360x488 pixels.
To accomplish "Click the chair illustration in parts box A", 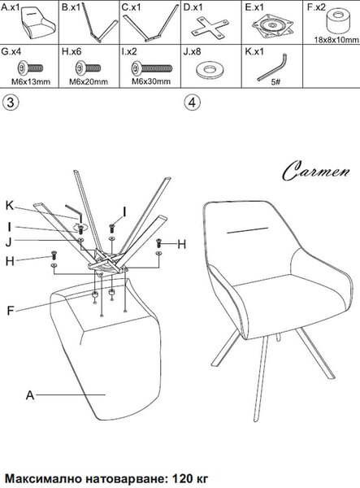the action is point(38,24).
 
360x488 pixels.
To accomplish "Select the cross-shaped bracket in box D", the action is point(210,28).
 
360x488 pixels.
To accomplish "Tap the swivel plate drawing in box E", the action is point(273,26).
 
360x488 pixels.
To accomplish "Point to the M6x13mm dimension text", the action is point(31,82).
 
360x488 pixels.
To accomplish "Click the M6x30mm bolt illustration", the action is point(152,68).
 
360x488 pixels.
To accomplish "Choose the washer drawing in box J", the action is point(210,70).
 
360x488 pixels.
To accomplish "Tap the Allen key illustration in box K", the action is point(272,68).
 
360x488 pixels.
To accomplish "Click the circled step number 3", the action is point(11,102).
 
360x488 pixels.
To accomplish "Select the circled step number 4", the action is point(193,102).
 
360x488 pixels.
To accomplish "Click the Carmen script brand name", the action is point(316,170).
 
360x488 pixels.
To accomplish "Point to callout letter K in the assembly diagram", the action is point(10,206).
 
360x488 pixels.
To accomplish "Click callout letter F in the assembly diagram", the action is point(11,311).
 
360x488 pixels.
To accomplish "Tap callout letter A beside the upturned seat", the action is point(30,395).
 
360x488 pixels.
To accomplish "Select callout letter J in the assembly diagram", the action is point(9,242).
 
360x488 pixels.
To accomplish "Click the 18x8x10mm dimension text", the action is point(336,40).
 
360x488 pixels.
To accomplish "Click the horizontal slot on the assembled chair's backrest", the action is point(248,230).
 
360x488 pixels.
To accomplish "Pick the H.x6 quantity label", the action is point(72,51).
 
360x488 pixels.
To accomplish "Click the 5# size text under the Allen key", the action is point(275,82).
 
